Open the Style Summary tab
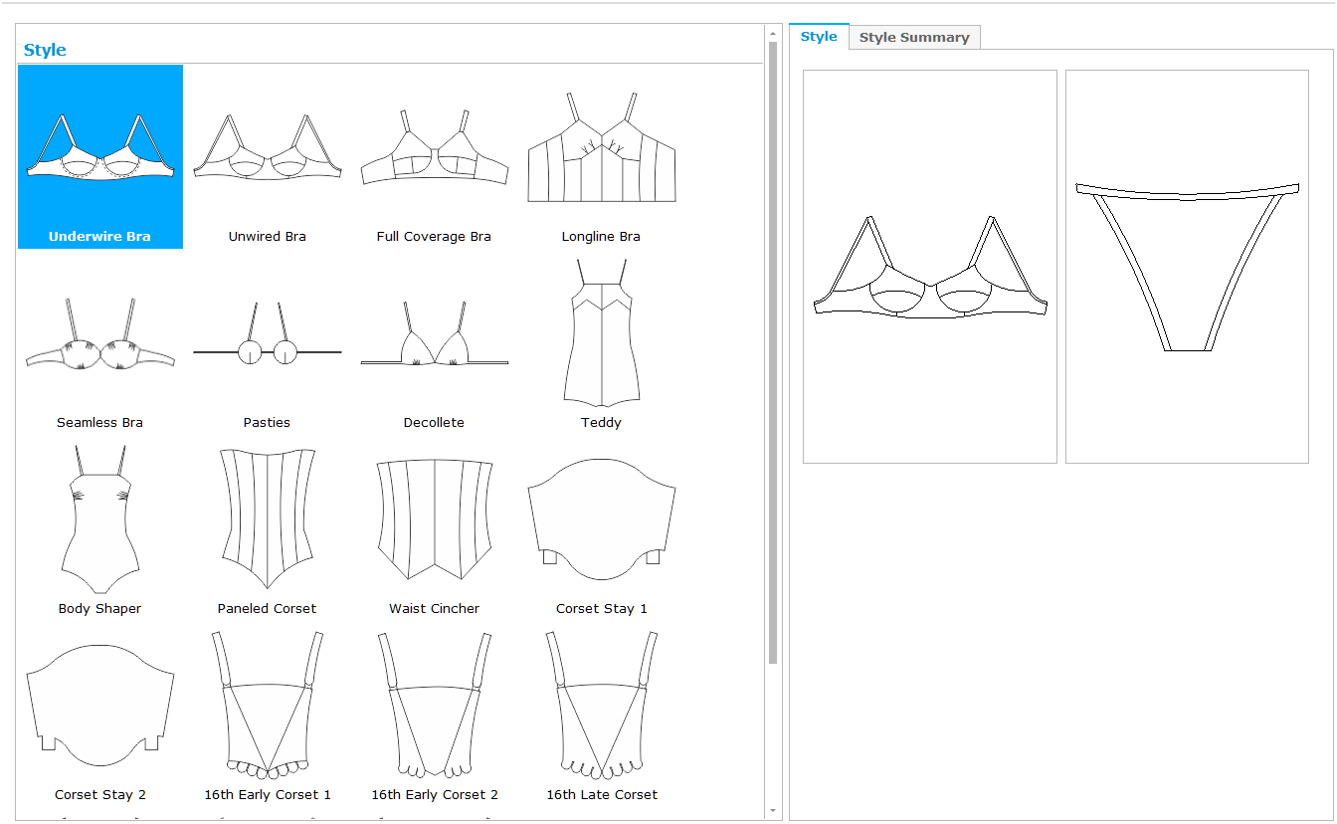point(914,37)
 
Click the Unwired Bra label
point(267,237)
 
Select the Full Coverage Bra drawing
point(435,147)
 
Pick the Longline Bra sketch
point(602,147)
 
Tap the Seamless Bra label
point(99,423)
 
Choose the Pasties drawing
point(268,333)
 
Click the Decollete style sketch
point(435,333)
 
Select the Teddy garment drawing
point(602,332)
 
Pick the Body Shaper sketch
point(100,518)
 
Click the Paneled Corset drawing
point(268,518)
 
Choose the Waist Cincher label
point(434,608)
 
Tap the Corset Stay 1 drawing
point(602,518)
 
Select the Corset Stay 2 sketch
point(100,706)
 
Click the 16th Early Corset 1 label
point(268,795)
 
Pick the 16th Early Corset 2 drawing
point(435,706)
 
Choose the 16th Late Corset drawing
point(602,706)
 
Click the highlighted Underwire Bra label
point(99,237)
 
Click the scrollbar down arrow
point(773,810)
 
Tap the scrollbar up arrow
point(773,34)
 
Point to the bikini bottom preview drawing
point(1187,267)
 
